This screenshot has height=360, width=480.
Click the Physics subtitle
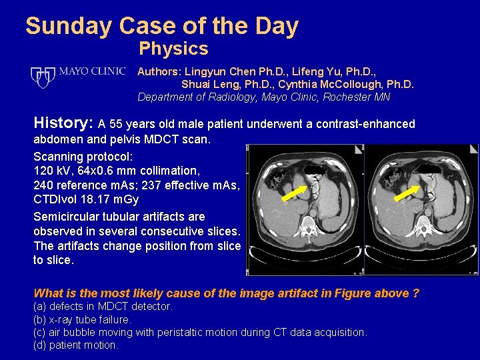173,49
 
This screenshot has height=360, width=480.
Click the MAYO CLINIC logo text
93,71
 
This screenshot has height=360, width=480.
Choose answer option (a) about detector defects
103,307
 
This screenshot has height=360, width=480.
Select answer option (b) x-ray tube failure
82,319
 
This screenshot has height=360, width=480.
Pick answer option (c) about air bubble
200,332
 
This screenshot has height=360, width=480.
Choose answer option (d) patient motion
76,345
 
